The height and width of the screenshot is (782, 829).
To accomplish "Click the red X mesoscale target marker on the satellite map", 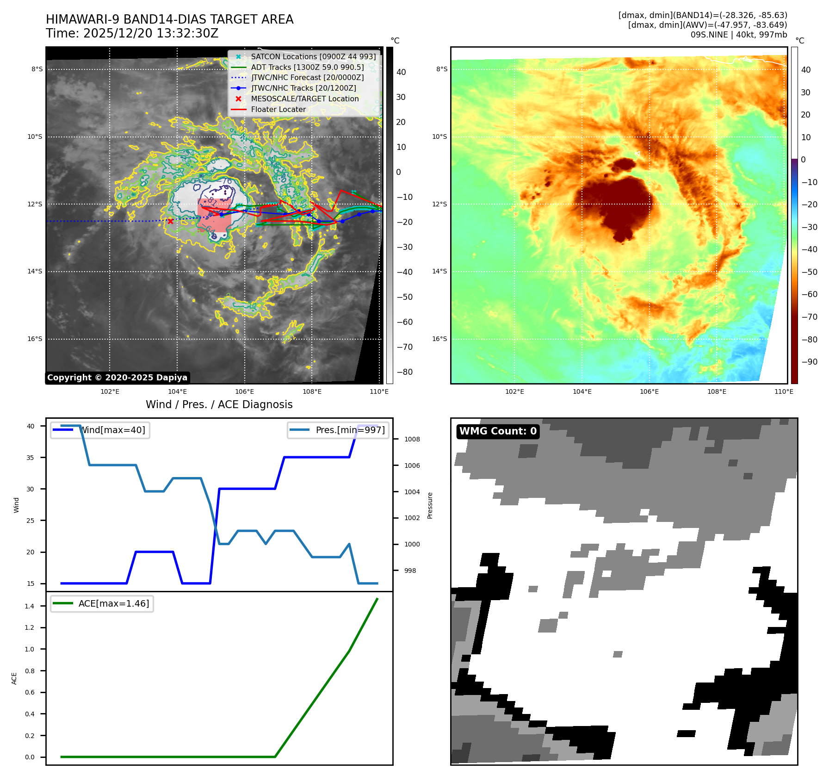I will click(170, 221).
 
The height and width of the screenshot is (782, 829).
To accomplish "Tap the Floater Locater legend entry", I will click(278, 109).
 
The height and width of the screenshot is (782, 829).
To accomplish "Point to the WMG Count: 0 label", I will click(498, 431).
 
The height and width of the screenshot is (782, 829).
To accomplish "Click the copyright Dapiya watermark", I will click(117, 378).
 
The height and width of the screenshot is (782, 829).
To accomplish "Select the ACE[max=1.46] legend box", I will click(102, 603).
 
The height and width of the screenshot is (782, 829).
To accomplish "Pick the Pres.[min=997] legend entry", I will click(338, 430).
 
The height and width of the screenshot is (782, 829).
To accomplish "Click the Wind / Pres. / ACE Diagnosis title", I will click(219, 404).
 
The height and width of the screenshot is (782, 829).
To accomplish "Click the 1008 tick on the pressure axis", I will click(412, 439).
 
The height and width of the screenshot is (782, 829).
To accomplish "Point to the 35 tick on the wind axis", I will click(31, 458).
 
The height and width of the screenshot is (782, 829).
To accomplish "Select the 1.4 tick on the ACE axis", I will click(30, 606).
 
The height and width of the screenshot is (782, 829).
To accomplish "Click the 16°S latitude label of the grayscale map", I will click(35, 339).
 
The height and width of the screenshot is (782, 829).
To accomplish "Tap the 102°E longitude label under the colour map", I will click(514, 391).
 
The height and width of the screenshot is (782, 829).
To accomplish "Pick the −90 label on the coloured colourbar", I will click(809, 362).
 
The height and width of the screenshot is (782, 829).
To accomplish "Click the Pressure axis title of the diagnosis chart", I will click(430, 505).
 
